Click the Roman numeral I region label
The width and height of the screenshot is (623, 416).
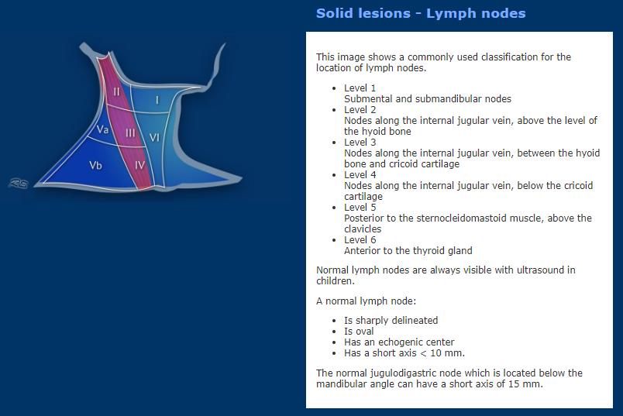(x=157, y=100)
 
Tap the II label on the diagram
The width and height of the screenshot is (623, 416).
(x=116, y=91)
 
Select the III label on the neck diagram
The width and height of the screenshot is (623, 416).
(x=130, y=133)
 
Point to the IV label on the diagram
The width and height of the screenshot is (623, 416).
(x=139, y=165)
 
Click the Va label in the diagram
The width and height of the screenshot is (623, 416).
(x=102, y=129)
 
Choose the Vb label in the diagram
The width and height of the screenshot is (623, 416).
(x=96, y=165)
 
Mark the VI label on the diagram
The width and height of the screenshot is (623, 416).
(x=154, y=137)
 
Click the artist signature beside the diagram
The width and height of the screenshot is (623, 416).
(x=19, y=183)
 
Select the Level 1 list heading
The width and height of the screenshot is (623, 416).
(x=360, y=88)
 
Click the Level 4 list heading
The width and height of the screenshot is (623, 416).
(x=360, y=174)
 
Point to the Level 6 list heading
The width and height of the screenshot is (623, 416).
(x=360, y=239)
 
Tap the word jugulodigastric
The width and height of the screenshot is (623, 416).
(x=401, y=373)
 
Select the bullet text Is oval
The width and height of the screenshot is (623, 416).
(x=360, y=331)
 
